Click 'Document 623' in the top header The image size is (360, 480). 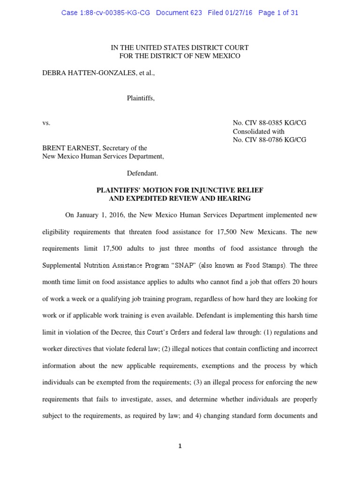(x=179, y=13)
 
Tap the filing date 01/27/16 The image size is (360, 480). (x=238, y=13)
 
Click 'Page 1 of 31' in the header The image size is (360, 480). (x=278, y=13)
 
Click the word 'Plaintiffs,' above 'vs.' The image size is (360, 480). (x=141, y=98)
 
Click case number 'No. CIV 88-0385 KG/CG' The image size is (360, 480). (x=270, y=123)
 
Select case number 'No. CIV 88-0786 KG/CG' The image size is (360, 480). (x=270, y=140)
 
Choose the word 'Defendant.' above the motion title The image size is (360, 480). (x=142, y=173)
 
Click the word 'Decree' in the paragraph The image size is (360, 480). (x=119, y=332)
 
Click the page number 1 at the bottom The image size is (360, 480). (x=180, y=446)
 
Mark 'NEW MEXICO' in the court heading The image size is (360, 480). (x=216, y=56)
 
